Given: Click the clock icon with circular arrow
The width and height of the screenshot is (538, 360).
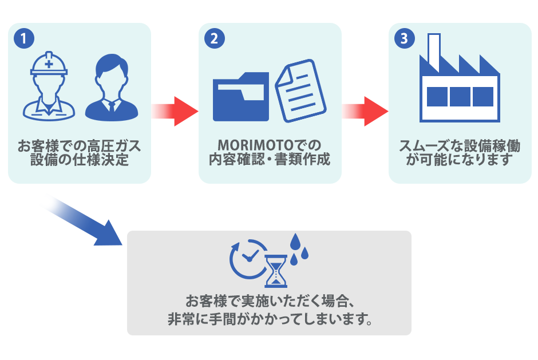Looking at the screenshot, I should click(247, 257).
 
